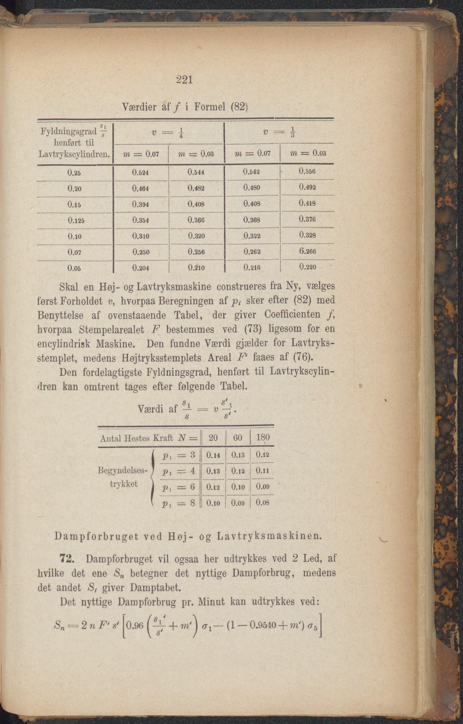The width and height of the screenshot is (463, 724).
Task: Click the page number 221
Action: pos(184,80)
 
